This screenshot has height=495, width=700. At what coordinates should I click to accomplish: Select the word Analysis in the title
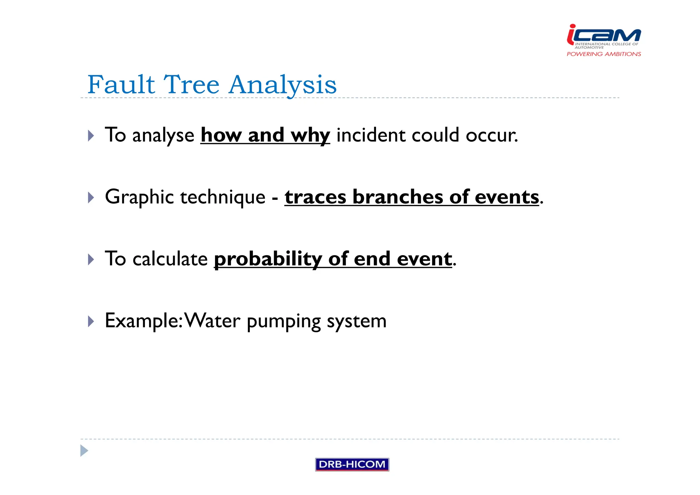coord(283,85)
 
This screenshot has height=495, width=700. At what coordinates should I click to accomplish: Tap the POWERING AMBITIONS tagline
coord(604,54)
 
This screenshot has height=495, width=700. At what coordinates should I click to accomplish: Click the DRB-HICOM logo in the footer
coord(352,464)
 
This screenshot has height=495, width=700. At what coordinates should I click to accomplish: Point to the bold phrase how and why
coord(265,135)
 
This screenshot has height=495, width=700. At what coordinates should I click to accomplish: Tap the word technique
coord(223,197)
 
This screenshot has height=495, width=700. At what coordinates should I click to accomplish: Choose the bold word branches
coord(398,197)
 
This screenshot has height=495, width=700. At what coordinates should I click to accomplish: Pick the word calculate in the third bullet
coord(170,259)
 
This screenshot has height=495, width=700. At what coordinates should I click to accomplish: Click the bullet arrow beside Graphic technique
coord(91,198)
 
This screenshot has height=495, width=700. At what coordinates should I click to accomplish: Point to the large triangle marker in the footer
coord(84,451)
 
